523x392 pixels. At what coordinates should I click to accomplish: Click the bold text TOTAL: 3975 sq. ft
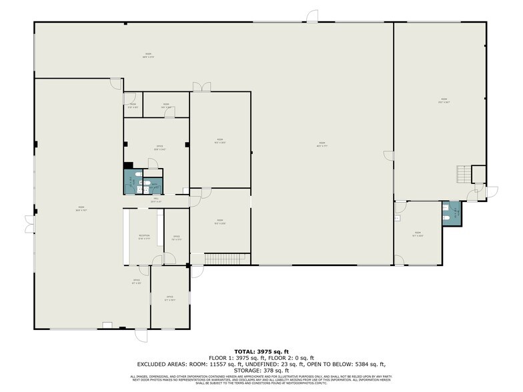coord(261,351)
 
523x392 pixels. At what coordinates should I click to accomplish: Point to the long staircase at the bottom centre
coord(227,258)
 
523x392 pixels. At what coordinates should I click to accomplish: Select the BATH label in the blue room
coord(153,185)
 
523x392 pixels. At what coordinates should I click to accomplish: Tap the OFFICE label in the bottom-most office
coord(169,297)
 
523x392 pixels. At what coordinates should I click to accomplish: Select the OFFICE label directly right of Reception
coord(177,237)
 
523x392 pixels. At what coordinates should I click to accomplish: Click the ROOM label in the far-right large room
coord(441,101)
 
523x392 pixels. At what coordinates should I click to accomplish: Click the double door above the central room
coord(198,87)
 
